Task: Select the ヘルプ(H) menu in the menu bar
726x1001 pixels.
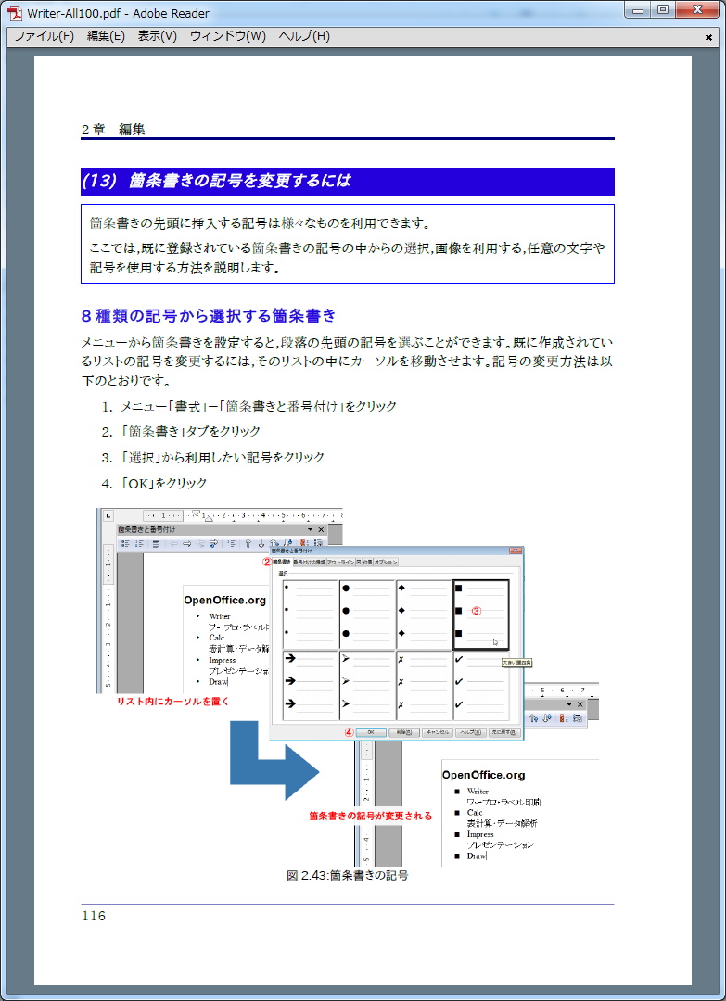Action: click(x=304, y=36)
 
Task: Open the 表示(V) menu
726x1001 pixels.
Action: click(x=157, y=36)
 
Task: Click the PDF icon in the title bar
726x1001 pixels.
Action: click(x=15, y=13)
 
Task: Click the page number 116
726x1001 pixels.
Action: click(x=94, y=916)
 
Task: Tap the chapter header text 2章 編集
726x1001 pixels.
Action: click(x=113, y=130)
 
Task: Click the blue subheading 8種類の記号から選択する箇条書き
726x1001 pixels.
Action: click(x=209, y=315)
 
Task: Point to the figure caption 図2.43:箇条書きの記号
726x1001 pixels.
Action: click(x=348, y=874)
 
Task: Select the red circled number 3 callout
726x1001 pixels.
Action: click(x=477, y=611)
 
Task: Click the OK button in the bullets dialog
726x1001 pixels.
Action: click(x=370, y=732)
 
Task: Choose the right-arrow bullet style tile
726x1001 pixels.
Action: click(x=311, y=685)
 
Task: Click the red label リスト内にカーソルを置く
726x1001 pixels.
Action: click(x=172, y=702)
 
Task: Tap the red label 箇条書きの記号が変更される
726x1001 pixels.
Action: click(x=370, y=816)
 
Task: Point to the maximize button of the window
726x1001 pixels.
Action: click(x=663, y=9)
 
